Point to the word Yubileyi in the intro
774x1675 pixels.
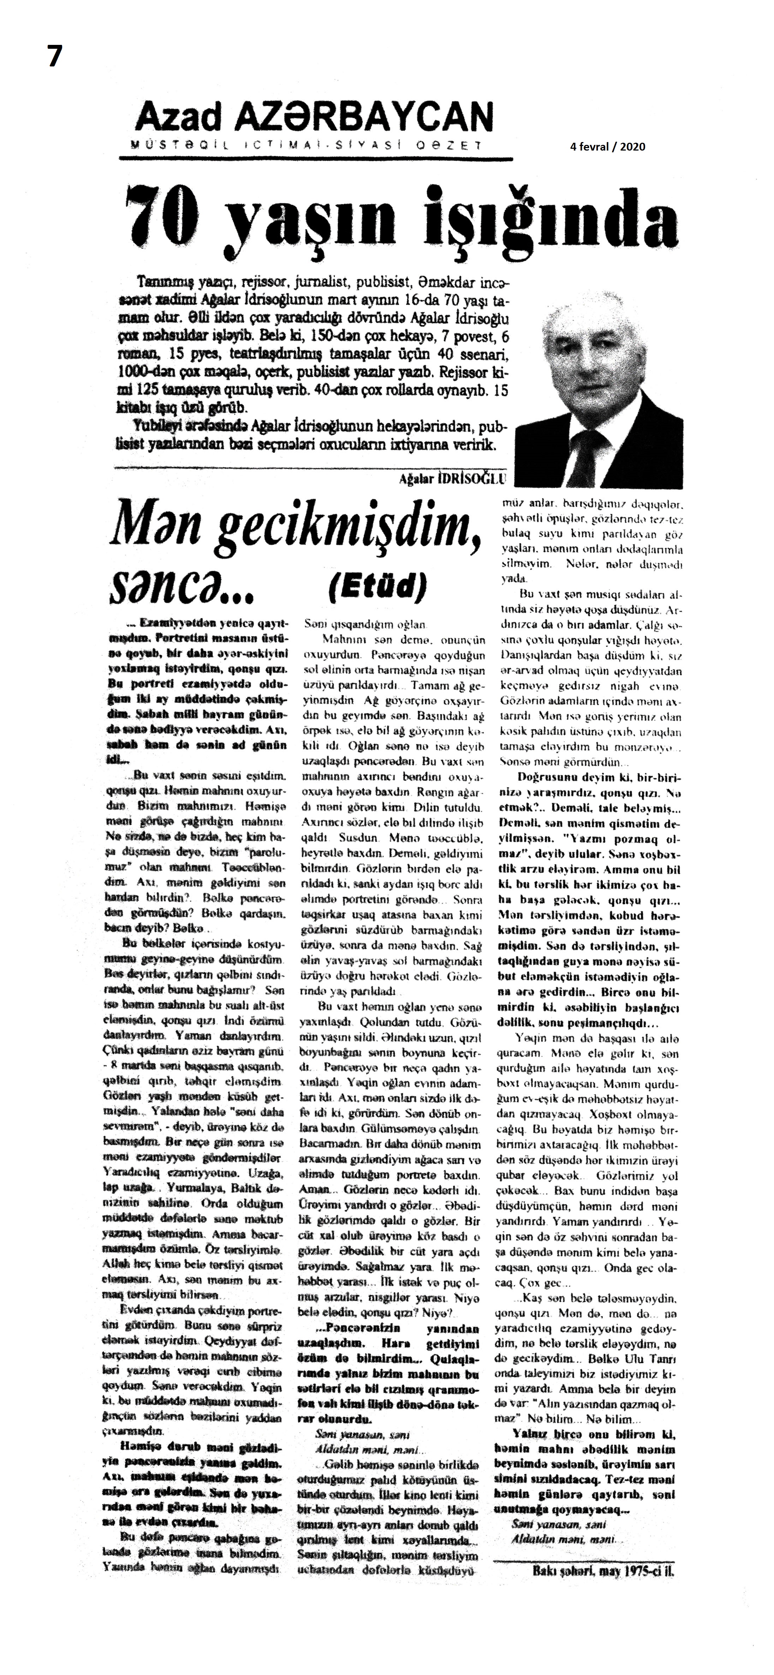(x=158, y=427)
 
